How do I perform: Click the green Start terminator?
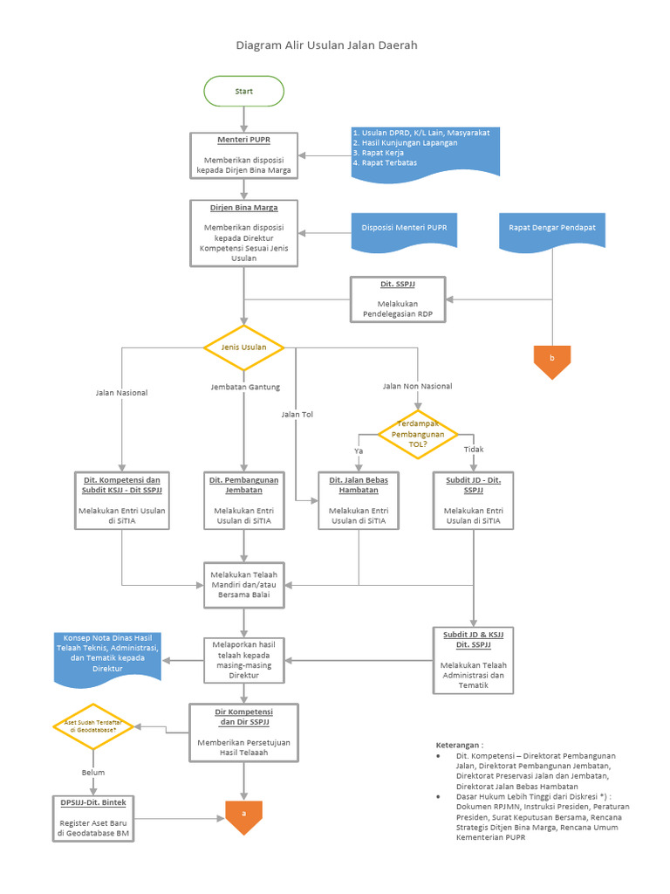click(x=243, y=91)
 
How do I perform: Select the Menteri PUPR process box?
click(x=243, y=155)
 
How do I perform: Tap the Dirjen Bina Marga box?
click(x=243, y=233)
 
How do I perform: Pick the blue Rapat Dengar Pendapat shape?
click(x=551, y=230)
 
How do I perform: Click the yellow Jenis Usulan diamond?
click(x=243, y=347)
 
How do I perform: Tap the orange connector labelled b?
click(x=551, y=361)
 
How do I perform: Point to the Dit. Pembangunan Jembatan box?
click(x=243, y=501)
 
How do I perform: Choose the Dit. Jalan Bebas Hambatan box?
click(x=359, y=501)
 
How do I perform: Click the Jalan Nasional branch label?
click(x=121, y=393)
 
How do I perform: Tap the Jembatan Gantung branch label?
click(x=245, y=387)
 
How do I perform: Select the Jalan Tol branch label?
click(x=297, y=415)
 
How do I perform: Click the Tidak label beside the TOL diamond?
click(x=474, y=450)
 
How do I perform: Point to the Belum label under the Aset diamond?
click(x=93, y=773)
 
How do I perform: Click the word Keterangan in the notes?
click(x=459, y=745)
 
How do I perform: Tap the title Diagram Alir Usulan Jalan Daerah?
click(x=333, y=45)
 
